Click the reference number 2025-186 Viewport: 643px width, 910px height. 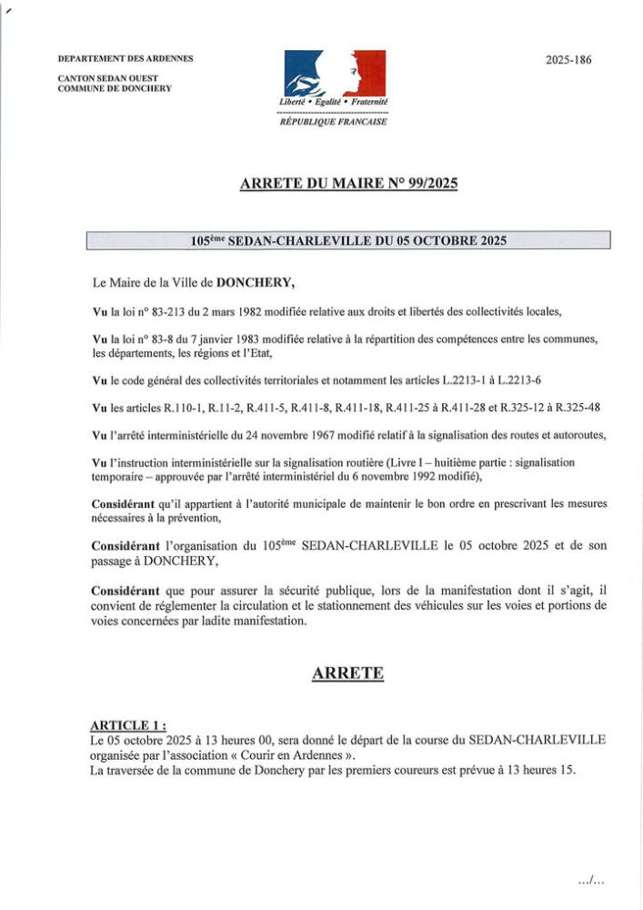click(568, 60)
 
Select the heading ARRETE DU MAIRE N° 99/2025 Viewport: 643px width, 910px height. click(348, 185)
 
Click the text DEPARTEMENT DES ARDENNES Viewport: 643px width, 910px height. click(126, 59)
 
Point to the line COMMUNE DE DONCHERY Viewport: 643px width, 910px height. click(115, 88)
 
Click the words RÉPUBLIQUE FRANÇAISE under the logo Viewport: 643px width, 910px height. click(334, 121)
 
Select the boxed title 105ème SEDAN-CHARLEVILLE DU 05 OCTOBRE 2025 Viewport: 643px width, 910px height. click(348, 241)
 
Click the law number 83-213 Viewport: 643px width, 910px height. click(169, 311)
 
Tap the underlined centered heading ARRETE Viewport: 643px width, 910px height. click(347, 673)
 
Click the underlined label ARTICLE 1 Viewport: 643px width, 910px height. click(127, 724)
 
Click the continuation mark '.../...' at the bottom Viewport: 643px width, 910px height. click(591, 880)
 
